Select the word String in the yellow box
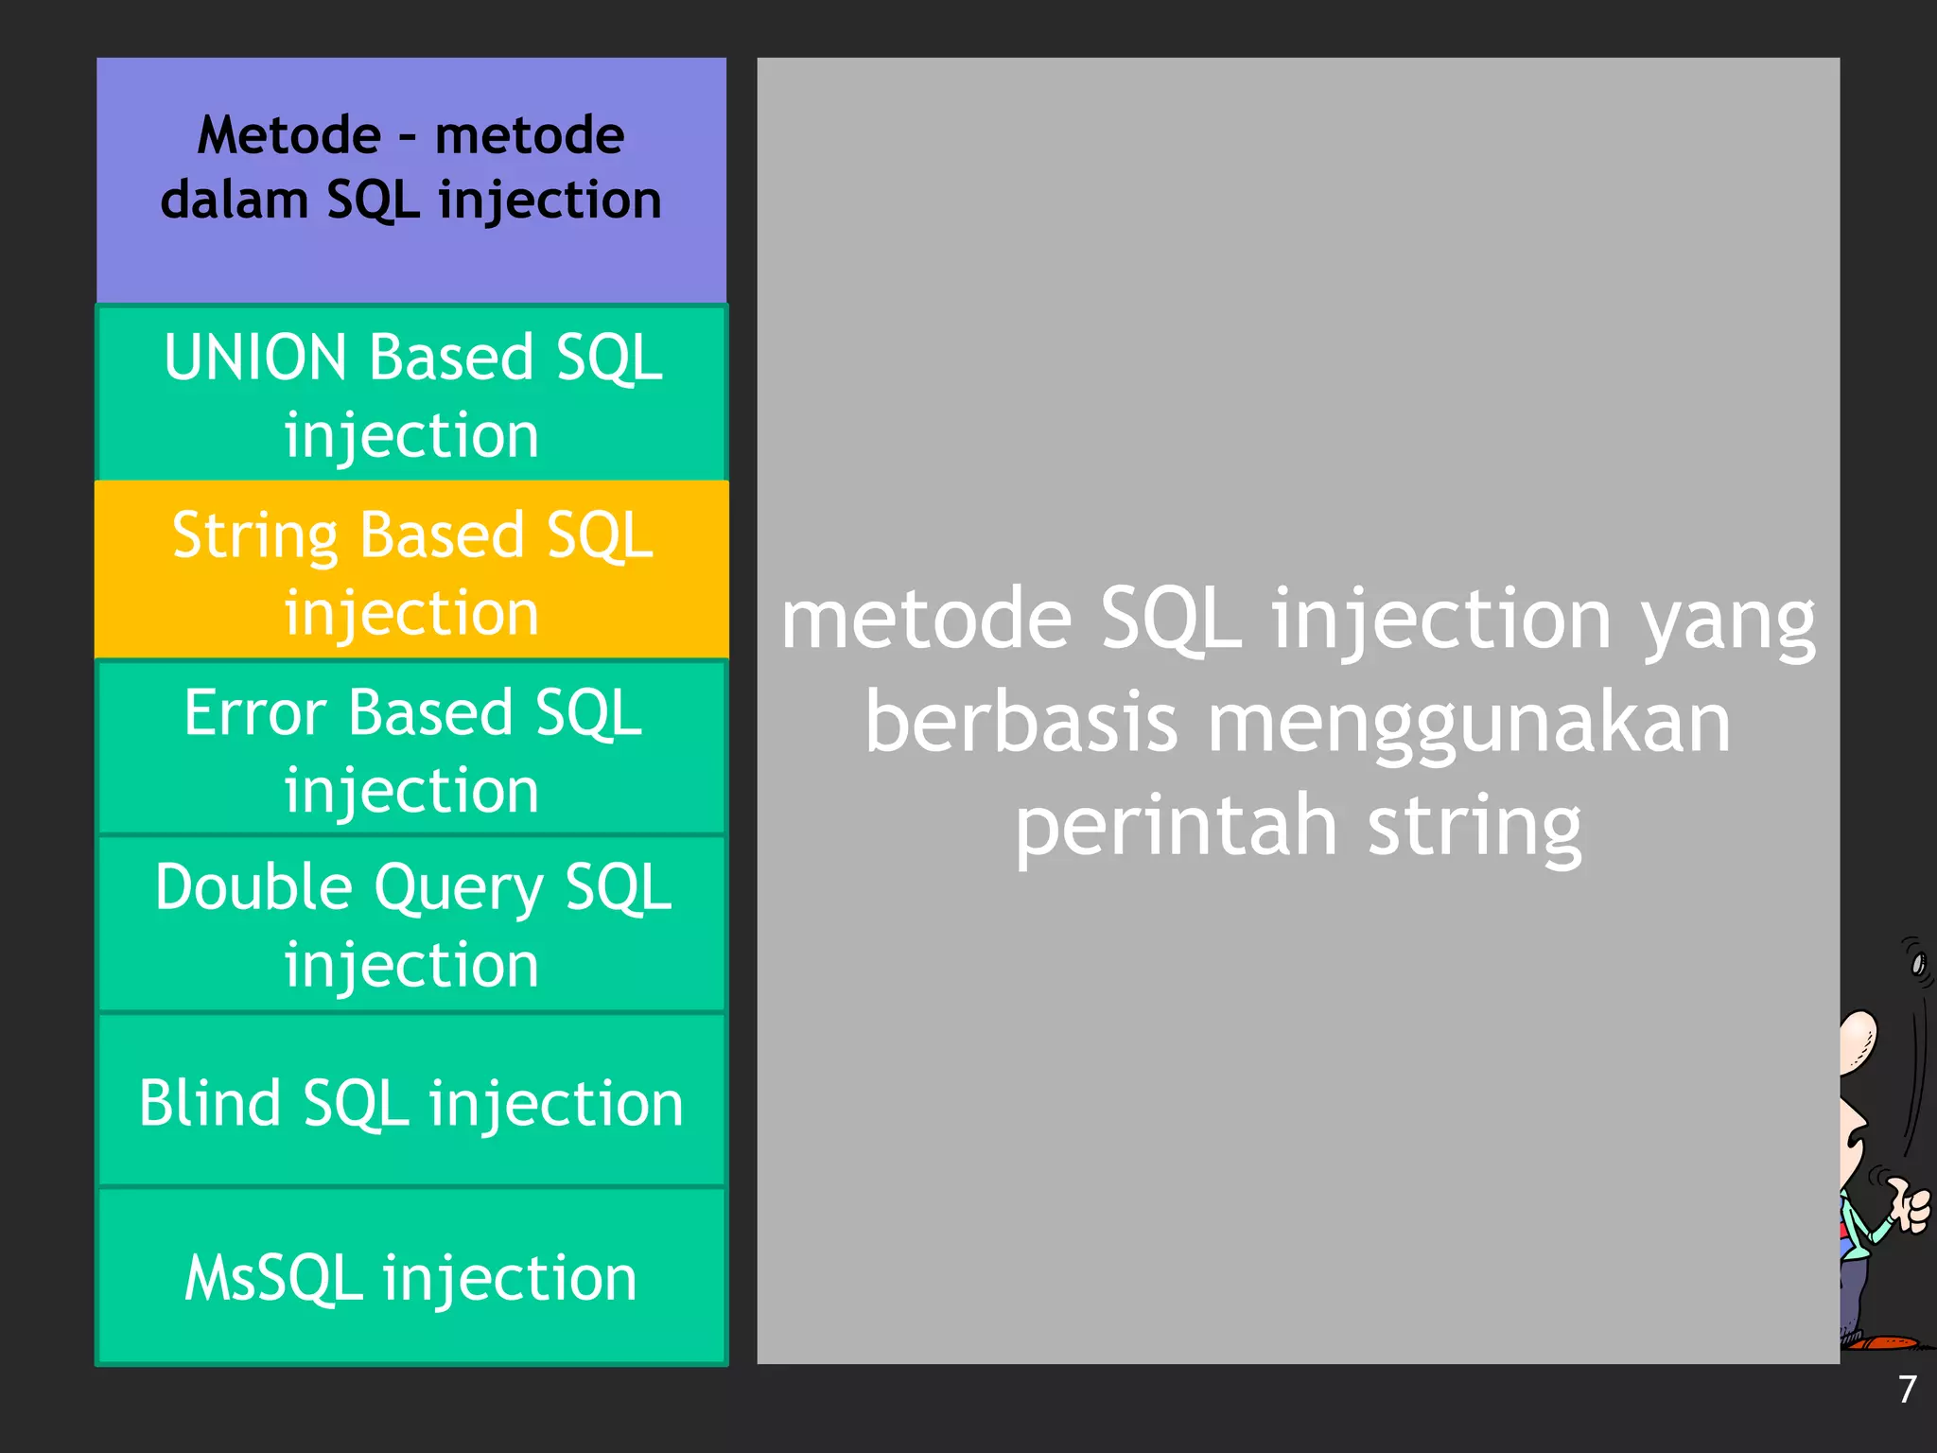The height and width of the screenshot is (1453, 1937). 255,536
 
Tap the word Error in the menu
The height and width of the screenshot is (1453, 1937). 255,712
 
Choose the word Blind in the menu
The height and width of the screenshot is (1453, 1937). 210,1103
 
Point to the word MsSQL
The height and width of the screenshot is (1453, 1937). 273,1278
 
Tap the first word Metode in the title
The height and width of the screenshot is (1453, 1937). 289,135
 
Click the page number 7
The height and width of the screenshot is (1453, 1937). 1907,1390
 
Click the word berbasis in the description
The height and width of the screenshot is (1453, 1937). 1021,723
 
